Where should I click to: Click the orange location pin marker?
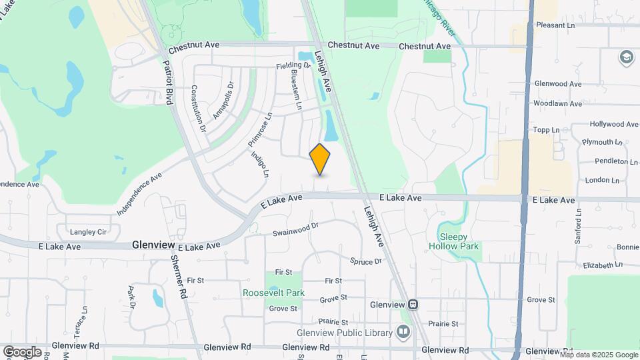pyautogui.click(x=320, y=159)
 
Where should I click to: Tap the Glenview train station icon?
pyautogui.click(x=413, y=305)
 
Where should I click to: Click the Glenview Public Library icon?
pyautogui.click(x=403, y=331)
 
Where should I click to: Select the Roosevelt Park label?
pyautogui.click(x=273, y=293)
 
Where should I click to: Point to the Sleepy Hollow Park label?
pyautogui.click(x=460, y=241)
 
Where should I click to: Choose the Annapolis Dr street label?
pyautogui.click(x=224, y=100)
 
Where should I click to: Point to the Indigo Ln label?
pyautogui.click(x=260, y=163)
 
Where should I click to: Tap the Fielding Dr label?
pyautogui.click(x=293, y=66)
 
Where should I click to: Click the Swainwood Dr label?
pyautogui.click(x=296, y=229)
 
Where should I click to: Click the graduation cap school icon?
pyautogui.click(x=626, y=57)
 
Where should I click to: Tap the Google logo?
pyautogui.click(x=22, y=351)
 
